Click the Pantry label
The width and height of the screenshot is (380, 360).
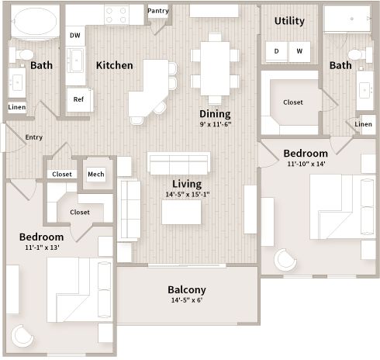[x=158, y=11]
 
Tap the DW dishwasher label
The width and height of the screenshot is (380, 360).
[x=75, y=36]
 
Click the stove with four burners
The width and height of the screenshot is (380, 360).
[x=116, y=15]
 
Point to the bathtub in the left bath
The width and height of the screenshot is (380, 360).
[x=35, y=21]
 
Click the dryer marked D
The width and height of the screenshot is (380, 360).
[x=276, y=51]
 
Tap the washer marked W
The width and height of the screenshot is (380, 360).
[x=299, y=51]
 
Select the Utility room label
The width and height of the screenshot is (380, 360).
[x=289, y=21]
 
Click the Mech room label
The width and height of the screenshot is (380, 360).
[x=96, y=175]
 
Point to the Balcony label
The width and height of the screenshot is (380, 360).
[x=187, y=290]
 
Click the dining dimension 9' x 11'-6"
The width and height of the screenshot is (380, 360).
[x=216, y=124]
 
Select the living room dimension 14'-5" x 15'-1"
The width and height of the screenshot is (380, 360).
[x=188, y=194]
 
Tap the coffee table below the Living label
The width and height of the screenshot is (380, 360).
[x=181, y=213]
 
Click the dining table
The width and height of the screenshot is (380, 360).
[x=215, y=68]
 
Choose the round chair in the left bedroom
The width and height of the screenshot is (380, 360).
[x=22, y=336]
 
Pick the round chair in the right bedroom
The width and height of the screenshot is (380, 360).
[x=285, y=260]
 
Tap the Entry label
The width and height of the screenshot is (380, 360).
[x=34, y=137]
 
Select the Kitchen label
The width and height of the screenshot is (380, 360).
[x=115, y=65]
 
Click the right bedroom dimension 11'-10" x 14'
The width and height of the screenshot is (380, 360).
[x=306, y=164]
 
